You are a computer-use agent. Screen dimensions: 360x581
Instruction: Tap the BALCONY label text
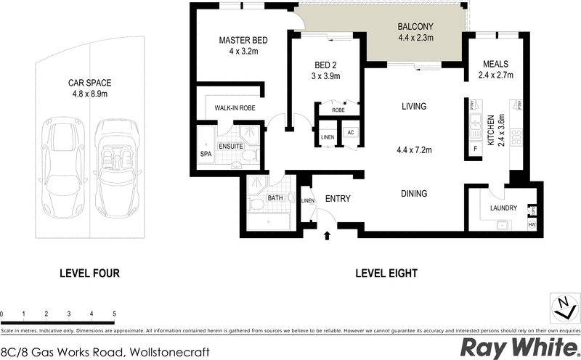[415, 28]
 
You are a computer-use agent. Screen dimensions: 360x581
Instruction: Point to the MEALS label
[495, 63]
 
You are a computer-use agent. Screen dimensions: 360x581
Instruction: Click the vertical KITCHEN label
[491, 131]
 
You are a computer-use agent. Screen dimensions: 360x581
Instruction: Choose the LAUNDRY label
[503, 208]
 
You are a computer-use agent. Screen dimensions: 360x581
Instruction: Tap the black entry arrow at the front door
[327, 234]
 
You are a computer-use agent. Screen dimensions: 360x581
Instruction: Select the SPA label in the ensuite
[206, 154]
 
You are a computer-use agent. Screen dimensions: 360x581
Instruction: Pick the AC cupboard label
[350, 133]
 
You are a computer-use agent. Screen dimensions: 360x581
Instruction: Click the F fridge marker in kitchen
[475, 148]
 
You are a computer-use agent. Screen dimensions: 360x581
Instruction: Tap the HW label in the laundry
[532, 225]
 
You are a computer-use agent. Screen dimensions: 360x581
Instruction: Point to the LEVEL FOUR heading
[89, 274]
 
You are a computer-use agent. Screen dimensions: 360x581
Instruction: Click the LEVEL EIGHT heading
[386, 274]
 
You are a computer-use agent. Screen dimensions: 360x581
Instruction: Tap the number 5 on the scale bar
[114, 314]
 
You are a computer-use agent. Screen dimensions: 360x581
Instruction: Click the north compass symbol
[561, 306]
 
